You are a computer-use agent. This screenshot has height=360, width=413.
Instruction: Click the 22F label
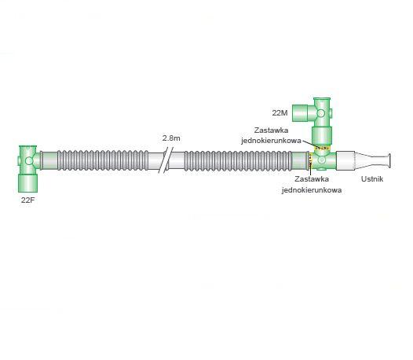point(28,200)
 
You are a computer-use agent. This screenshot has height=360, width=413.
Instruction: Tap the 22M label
point(280,113)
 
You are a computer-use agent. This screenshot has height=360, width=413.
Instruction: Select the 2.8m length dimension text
point(171,138)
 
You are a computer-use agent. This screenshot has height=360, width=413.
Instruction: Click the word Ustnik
point(372,179)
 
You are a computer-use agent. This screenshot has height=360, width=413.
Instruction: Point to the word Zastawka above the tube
point(271,130)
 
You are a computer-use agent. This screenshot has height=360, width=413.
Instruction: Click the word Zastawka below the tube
point(312,179)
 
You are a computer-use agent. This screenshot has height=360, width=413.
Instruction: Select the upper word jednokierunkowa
point(271,141)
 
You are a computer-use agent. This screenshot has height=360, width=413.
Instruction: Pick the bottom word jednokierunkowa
point(312,190)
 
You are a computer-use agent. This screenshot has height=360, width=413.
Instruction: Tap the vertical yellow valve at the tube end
point(311,160)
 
